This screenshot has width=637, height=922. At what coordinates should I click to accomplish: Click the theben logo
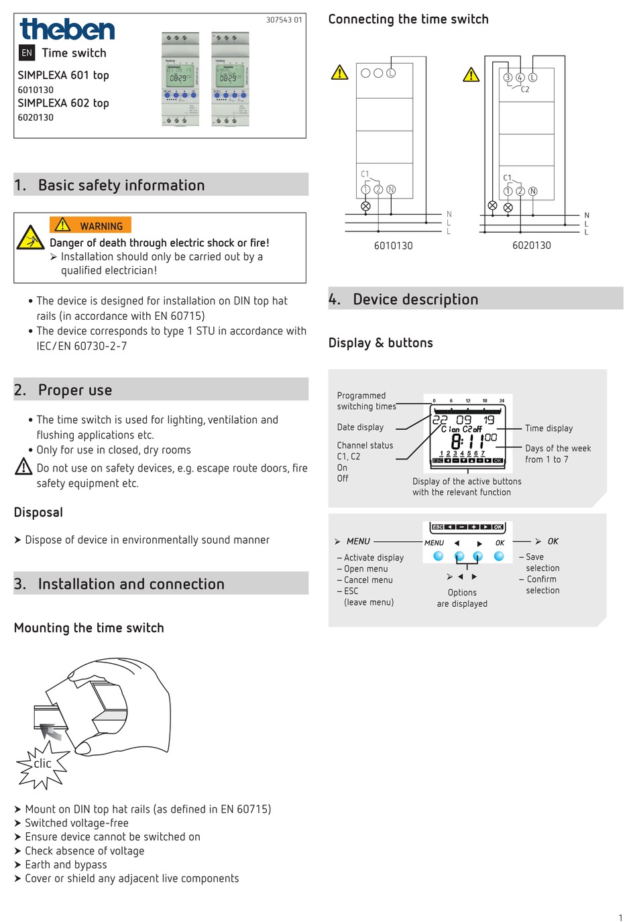pyautogui.click(x=67, y=30)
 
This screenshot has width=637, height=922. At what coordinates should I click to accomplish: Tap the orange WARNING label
pyautogui.click(x=91, y=225)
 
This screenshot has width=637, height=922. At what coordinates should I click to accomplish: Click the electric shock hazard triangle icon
pyautogui.click(x=30, y=237)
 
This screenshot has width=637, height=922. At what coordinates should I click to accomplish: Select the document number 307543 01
pyautogui.click(x=284, y=20)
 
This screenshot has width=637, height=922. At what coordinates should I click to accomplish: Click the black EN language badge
pyautogui.click(x=27, y=53)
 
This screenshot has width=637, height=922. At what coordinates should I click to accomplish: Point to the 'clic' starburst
pyautogui.click(x=43, y=764)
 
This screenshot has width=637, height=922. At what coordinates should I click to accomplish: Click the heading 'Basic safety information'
pyautogui.click(x=121, y=185)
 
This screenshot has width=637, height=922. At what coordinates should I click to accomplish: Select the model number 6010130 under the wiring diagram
pyautogui.click(x=393, y=245)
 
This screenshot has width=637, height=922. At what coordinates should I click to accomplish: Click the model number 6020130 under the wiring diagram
pyautogui.click(x=531, y=245)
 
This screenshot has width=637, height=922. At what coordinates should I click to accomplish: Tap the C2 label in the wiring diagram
pyautogui.click(x=525, y=89)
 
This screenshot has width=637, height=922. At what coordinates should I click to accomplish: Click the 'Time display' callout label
pyautogui.click(x=548, y=428)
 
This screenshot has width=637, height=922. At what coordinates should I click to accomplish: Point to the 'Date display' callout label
pyautogui.click(x=360, y=427)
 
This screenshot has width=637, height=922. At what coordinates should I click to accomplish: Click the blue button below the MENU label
pyautogui.click(x=439, y=556)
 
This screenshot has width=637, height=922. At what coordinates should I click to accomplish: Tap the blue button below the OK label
pyautogui.click(x=499, y=556)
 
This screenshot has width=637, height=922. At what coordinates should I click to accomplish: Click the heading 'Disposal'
pyautogui.click(x=38, y=512)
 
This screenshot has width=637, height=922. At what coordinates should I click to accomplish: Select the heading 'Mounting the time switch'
pyautogui.click(x=89, y=628)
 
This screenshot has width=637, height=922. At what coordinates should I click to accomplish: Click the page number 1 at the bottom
pyautogui.click(x=620, y=917)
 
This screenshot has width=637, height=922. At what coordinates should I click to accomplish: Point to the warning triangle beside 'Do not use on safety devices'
pyautogui.click(x=23, y=467)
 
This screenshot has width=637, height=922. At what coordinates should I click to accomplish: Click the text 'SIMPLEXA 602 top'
pyautogui.click(x=63, y=103)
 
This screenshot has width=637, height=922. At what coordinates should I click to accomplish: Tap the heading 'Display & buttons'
pyautogui.click(x=380, y=343)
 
